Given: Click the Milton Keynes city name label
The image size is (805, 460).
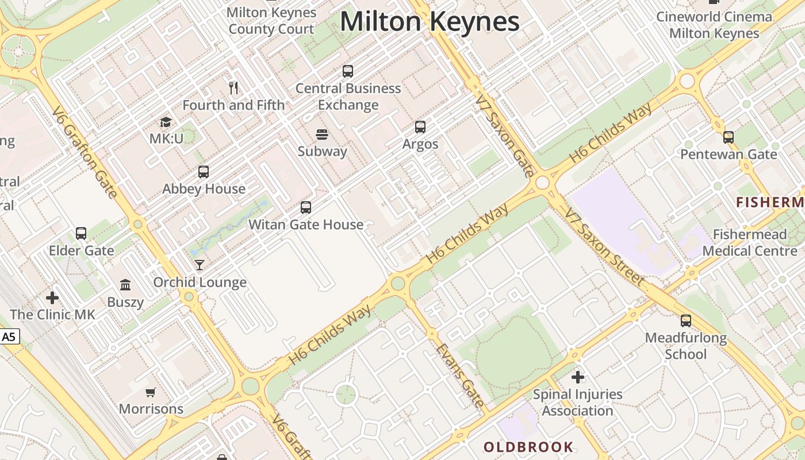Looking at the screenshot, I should click(430, 22).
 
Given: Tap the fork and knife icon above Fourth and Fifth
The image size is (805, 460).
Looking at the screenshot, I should click(233, 88).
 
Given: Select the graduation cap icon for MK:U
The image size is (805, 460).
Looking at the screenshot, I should click(166, 122).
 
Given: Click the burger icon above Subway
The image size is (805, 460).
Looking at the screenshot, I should click(322, 135).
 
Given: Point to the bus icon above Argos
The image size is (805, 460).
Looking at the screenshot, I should click(420, 127).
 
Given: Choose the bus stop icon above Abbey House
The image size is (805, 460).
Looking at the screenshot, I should click(204, 172).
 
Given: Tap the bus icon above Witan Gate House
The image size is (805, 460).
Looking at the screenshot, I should click(306, 208).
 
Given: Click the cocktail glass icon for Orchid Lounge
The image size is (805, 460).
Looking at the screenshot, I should click(200, 265).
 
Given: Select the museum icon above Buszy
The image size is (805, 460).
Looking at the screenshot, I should click(125, 285).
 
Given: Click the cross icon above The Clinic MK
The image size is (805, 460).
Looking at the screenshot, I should click(52, 298).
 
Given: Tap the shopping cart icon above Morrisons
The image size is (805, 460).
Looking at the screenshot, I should click(151, 392).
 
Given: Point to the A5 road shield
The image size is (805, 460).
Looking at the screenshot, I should click(9, 337).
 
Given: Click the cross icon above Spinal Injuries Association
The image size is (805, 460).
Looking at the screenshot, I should click(578, 377).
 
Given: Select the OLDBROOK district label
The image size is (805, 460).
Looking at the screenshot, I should click(528, 447).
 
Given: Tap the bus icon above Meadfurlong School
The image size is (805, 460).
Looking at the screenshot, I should click(686, 321).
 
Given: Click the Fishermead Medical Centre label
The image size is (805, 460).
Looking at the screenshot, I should click(750, 243).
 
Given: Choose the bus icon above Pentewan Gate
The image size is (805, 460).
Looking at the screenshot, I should click(729, 137).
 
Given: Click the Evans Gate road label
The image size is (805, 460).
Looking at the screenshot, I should click(460, 375).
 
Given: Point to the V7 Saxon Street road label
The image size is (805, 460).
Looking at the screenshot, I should click(605, 247).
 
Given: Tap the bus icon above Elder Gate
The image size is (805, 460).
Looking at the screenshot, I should click(81, 233).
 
